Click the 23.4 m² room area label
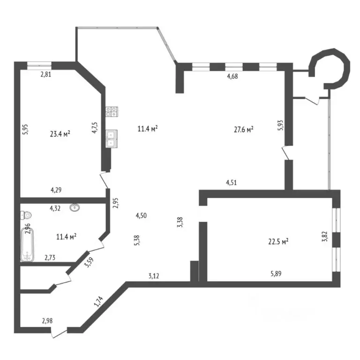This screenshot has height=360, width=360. click(x=60, y=134)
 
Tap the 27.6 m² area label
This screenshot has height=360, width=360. click(x=244, y=129)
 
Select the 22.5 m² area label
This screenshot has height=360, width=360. click(x=278, y=241)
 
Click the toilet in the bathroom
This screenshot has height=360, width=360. click(x=26, y=215)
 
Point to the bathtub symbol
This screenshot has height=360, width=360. click(x=27, y=245)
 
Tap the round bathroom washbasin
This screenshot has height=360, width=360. click(x=75, y=207)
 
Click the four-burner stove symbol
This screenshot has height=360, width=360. click(x=112, y=112)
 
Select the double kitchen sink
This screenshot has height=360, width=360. click(x=112, y=139)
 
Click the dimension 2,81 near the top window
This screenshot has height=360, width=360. click(x=45, y=75)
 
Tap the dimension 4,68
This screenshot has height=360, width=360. click(x=232, y=76)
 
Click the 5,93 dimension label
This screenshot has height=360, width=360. click(x=281, y=125)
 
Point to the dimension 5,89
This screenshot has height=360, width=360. click(x=276, y=273)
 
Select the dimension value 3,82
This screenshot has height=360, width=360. click(x=325, y=236)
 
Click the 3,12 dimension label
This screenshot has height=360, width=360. click(x=154, y=276)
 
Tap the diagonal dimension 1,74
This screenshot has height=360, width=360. click(x=98, y=301)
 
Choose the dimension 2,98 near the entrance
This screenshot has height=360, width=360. click(x=47, y=321)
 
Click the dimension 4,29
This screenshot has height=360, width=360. click(x=56, y=190)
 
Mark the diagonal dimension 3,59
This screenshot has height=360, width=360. click(x=89, y=262)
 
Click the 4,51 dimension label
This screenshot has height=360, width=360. click(x=231, y=183)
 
